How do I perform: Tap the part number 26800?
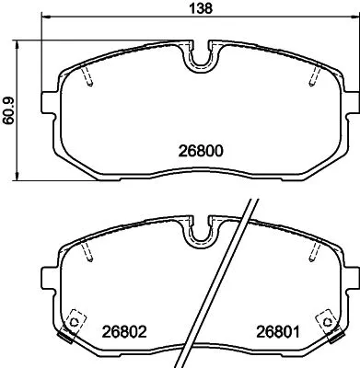202,150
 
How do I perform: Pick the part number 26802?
124,330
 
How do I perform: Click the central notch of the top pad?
201,60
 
